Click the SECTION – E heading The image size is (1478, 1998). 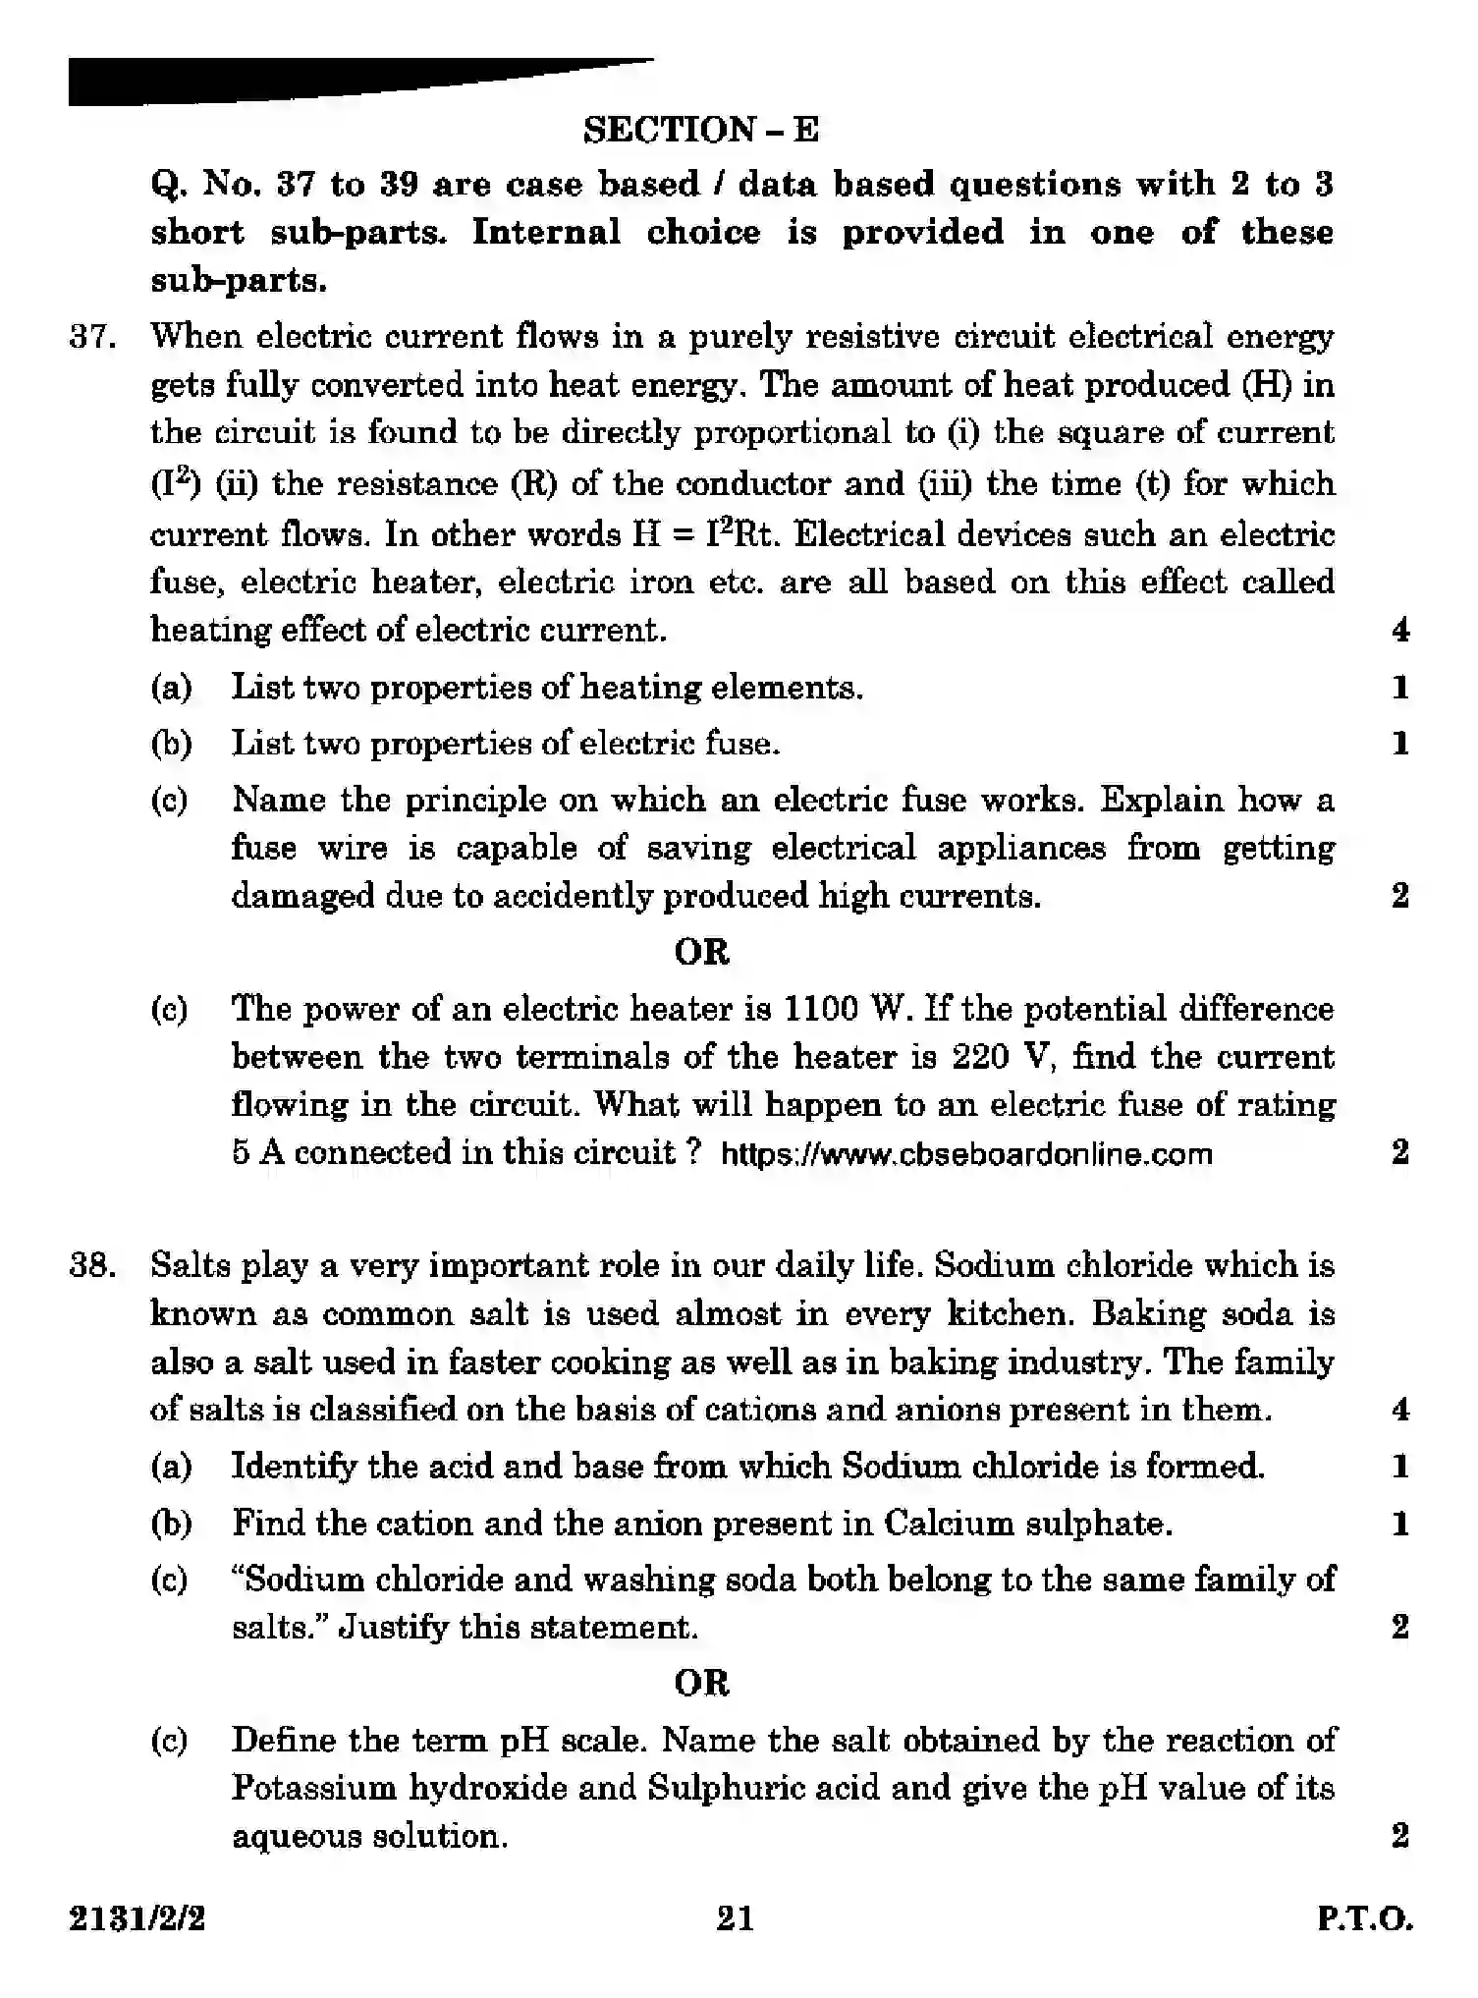click(x=700, y=130)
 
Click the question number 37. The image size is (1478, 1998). click(x=93, y=337)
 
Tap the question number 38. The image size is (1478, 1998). click(x=93, y=1265)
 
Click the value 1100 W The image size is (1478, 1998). click(x=848, y=1009)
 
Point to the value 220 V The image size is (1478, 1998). click(x=1001, y=1057)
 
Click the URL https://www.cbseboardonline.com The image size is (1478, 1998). click(x=966, y=1154)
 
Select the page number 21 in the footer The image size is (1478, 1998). click(x=735, y=1917)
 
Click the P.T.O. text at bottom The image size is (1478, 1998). click(x=1364, y=1918)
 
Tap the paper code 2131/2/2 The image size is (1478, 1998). click(x=137, y=1918)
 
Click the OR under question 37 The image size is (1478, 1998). click(x=701, y=952)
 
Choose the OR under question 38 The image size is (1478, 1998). click(x=701, y=1684)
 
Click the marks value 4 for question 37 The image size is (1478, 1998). click(x=1400, y=630)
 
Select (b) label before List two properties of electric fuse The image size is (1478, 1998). click(x=171, y=744)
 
